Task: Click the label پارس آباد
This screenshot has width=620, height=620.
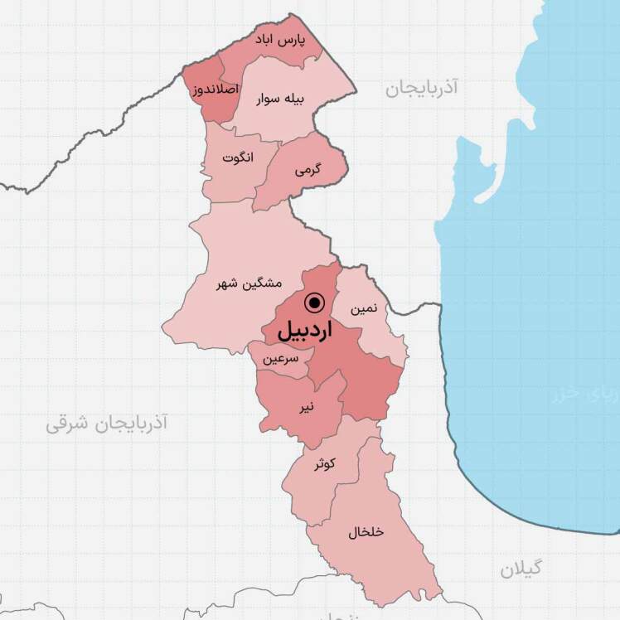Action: (x=279, y=40)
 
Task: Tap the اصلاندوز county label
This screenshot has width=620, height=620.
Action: (x=216, y=89)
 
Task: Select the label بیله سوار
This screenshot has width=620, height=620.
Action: (x=280, y=97)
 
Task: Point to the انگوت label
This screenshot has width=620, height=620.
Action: (x=239, y=157)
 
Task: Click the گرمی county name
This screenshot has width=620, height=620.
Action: (x=307, y=170)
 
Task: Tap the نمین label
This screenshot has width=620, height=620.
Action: (x=365, y=308)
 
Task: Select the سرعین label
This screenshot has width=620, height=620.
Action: (x=280, y=360)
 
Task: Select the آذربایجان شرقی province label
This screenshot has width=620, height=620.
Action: (x=106, y=424)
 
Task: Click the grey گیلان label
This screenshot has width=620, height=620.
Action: (x=521, y=569)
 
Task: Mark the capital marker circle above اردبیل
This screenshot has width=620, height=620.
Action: (x=314, y=302)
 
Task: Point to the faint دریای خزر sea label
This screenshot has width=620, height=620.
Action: (x=584, y=396)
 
